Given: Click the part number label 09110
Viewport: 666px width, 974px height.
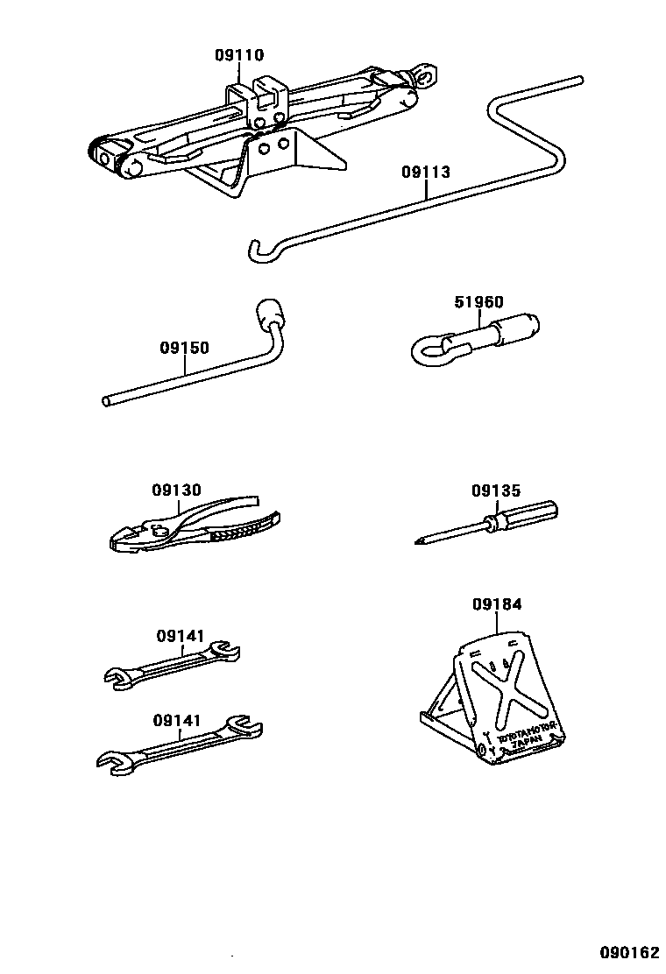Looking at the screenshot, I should pos(239,55).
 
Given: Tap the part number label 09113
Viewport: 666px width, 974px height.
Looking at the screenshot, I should pos(426,172).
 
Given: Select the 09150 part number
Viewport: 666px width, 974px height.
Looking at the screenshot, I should pos(184,348).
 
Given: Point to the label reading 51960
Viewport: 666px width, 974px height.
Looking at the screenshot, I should pos(478,303).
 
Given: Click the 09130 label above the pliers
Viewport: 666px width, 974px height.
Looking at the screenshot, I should pos(176,491).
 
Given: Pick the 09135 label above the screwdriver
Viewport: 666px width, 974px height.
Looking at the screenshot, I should pos(496,491).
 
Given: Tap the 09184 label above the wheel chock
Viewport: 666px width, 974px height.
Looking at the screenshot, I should pos(497,604).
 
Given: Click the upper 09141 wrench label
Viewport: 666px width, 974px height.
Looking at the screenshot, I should pos(181,637).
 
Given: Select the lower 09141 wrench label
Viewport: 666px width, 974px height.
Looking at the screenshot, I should pos(177,721).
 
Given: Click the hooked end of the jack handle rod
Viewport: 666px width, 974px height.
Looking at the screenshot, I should pos(256,251).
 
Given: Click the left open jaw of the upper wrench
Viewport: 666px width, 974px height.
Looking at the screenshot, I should pos(115,676).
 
